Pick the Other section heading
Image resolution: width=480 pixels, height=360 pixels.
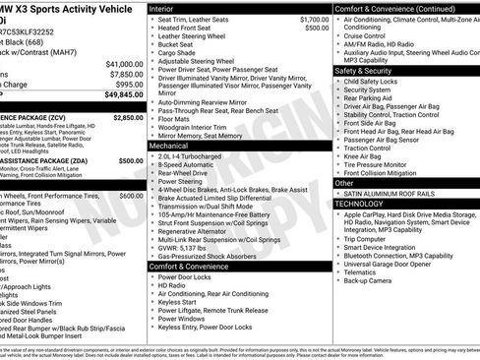coord(344,182)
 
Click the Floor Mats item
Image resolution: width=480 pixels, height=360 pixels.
coord(178,117)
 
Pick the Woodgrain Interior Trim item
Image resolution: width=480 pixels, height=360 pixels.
coord(195,126)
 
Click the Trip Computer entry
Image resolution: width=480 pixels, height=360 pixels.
coord(370,238)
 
